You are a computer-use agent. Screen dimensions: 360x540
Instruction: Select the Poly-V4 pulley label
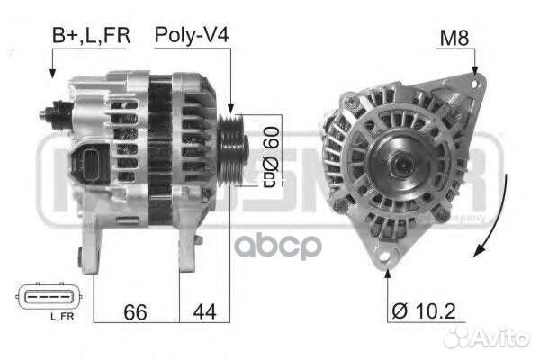tap(191, 36)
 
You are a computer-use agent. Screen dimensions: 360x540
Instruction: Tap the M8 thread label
tap(454, 39)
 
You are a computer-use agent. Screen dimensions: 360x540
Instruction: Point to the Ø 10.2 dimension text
tap(425, 312)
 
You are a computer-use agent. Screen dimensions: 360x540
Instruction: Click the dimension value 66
tap(136, 311)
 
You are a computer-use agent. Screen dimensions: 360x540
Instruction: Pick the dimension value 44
tap(204, 311)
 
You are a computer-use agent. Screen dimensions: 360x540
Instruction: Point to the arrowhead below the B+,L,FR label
tap(53, 76)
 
